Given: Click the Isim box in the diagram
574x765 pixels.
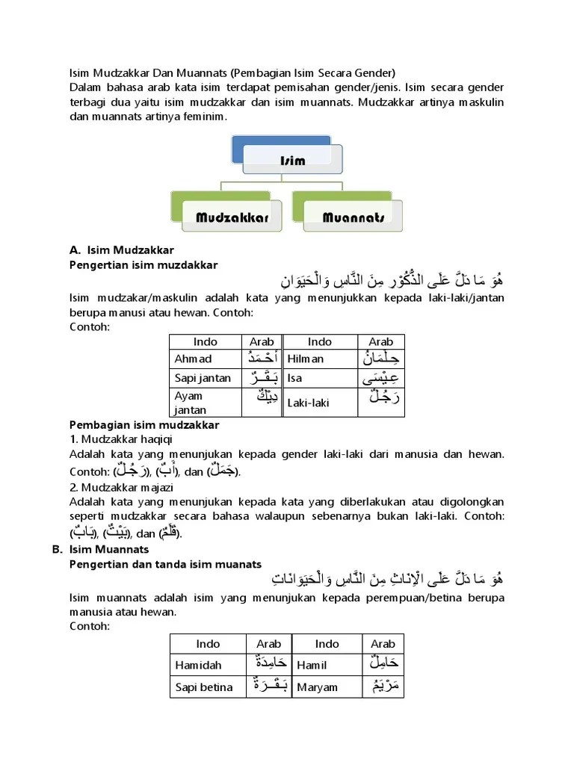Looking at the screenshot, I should (292, 161).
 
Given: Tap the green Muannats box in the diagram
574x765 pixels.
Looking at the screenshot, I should (353, 217).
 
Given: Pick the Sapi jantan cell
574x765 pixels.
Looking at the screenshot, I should (203, 378).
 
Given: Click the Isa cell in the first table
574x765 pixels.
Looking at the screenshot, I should (294, 378).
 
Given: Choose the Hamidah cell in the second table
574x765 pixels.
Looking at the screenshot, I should (198, 665).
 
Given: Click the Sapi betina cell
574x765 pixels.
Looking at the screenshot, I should (203, 687).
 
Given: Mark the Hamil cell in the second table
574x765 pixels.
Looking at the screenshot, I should (312, 665).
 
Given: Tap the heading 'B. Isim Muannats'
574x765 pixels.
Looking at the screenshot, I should (100, 549).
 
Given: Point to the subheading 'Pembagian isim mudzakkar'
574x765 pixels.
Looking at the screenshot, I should (144, 425).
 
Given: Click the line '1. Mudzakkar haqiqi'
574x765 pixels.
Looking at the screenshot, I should (121, 439).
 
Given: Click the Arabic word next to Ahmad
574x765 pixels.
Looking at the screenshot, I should (262, 358).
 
